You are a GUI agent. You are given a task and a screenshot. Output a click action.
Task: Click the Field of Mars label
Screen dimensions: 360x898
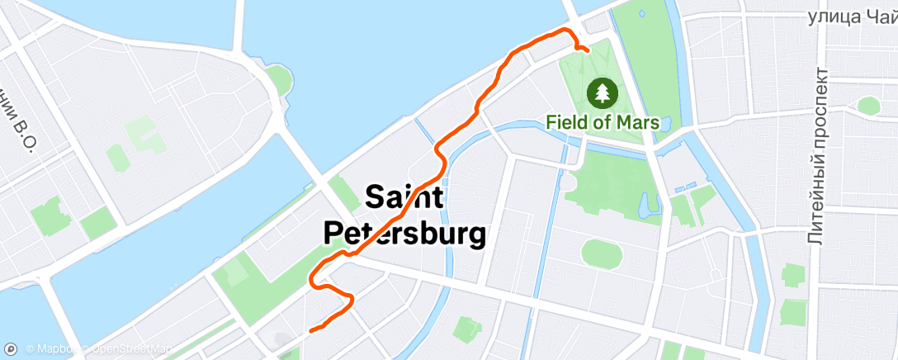tap(603, 122)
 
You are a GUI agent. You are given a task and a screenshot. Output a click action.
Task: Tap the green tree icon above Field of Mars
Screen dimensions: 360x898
tap(603, 92)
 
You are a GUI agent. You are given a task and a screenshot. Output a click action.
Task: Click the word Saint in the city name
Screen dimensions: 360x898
tap(404, 198)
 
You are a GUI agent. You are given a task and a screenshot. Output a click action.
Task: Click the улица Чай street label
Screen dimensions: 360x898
tap(851, 17)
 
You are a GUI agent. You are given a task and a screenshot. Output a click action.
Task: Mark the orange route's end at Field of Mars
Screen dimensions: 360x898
tap(587, 50)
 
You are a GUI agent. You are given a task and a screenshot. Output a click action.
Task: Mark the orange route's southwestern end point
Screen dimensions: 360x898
tap(310, 331)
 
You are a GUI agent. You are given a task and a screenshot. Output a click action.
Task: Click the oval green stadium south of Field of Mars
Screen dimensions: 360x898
tap(603, 252)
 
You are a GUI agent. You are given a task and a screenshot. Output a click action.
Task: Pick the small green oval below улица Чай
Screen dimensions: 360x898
tap(868, 105)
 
